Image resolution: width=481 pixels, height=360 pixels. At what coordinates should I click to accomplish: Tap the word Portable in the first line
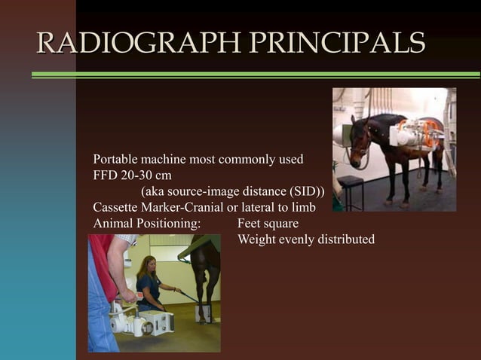(116, 160)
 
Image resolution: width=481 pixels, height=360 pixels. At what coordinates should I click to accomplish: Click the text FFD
(105, 175)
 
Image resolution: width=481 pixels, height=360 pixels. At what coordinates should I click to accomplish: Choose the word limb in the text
(302, 207)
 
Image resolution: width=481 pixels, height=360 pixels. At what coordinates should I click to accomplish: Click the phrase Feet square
(268, 224)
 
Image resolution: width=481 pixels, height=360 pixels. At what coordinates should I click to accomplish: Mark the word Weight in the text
(256, 239)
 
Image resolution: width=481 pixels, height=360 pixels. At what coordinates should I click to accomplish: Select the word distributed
(342, 239)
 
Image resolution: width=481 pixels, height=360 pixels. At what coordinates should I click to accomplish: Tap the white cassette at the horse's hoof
(204, 313)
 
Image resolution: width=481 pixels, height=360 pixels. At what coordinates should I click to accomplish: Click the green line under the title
(256, 75)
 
